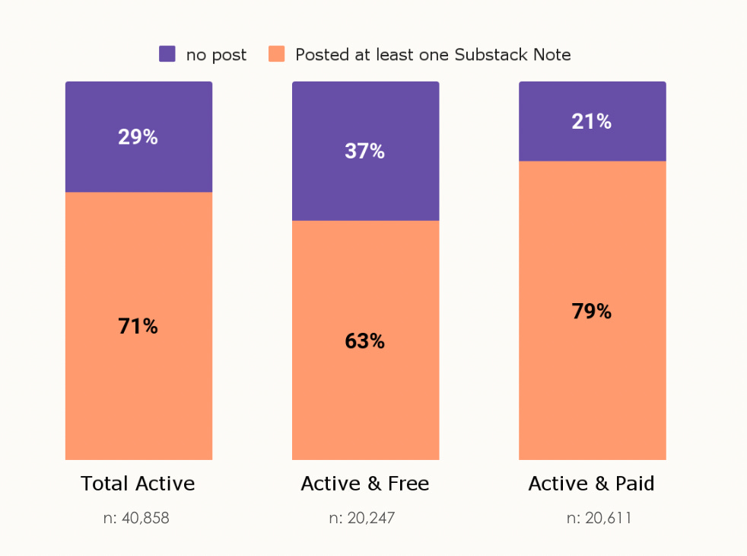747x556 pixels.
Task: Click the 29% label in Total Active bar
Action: pos(138,137)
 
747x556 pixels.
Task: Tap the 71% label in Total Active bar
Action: pos(138,327)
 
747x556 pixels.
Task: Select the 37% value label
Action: pos(364,152)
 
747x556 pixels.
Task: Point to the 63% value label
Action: pos(364,342)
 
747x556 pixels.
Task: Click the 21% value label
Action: pos(591,122)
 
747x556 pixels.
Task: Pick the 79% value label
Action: pos(591,312)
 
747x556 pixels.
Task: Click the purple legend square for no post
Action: pos(167,54)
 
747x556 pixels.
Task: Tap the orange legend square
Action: pos(277,54)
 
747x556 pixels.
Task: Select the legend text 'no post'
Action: pos(216,55)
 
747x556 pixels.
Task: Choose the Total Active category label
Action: pos(138,484)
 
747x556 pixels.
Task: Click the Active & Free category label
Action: pos(364,484)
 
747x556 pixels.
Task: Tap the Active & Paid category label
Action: pos(591,484)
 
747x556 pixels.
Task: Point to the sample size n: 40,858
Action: pos(136,519)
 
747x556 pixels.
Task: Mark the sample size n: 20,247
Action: pos(362,519)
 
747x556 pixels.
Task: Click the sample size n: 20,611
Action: pos(599,519)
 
